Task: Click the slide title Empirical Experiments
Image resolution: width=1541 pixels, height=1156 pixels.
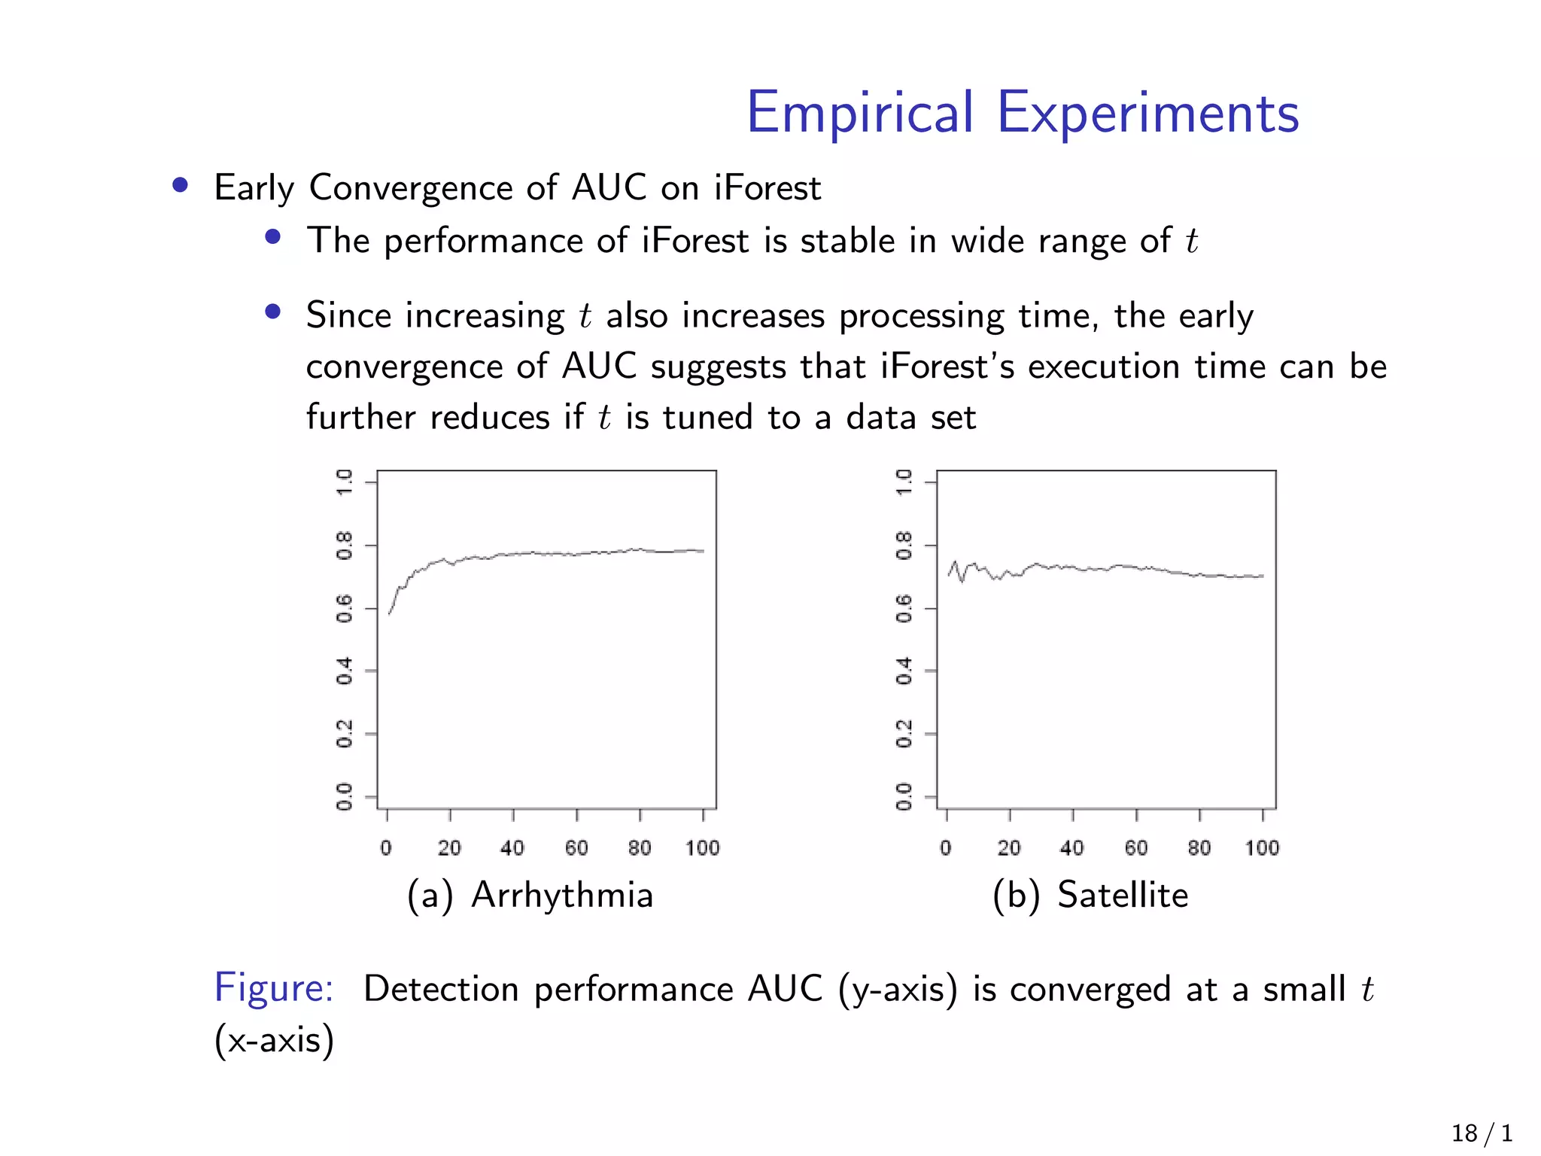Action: (1022, 113)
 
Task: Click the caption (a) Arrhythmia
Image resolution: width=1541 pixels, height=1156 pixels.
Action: (530, 896)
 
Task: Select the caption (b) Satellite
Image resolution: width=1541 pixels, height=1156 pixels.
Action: (1090, 896)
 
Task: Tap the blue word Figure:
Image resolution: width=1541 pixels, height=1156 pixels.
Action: (274, 987)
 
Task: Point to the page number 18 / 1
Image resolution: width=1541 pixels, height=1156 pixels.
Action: (1482, 1133)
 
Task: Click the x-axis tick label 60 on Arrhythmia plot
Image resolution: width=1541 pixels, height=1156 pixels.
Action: (576, 848)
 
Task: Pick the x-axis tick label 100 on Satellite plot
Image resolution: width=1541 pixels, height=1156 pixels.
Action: (1262, 848)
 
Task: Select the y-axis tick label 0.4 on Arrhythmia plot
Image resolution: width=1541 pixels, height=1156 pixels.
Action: (345, 670)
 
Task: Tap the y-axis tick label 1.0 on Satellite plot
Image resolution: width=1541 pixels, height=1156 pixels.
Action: (904, 482)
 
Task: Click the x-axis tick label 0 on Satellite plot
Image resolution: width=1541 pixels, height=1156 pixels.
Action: (946, 848)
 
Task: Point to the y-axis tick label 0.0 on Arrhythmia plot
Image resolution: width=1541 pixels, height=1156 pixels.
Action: (345, 796)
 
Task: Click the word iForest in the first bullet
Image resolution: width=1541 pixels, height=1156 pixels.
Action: (767, 187)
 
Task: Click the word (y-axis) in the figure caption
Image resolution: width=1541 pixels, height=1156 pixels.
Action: (898, 989)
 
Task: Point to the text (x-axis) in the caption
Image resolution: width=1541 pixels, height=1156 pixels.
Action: (274, 1040)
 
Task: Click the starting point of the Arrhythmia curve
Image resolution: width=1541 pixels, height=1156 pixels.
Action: (389, 614)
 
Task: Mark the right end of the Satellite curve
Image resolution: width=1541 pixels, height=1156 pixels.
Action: (1263, 576)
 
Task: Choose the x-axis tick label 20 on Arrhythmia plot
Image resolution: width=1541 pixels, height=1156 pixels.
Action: (449, 848)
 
